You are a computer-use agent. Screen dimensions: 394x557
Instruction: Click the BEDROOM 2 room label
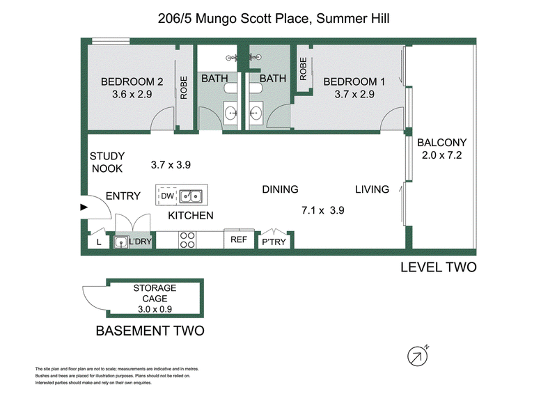tap(127, 80)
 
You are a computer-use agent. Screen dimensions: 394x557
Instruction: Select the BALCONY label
tap(437, 143)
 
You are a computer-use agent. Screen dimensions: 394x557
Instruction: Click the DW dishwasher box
tap(167, 196)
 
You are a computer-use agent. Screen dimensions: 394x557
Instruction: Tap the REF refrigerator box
tap(238, 239)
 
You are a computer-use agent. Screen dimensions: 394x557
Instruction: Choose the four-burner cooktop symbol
tap(187, 240)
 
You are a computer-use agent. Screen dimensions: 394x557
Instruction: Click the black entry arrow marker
tap(84, 207)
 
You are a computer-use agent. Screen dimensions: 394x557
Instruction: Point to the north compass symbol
tap(417, 356)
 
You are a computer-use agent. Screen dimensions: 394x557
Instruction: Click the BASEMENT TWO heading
tap(150, 331)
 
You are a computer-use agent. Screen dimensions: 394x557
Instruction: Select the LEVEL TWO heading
tap(439, 267)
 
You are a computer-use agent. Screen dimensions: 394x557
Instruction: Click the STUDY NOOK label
tap(106, 163)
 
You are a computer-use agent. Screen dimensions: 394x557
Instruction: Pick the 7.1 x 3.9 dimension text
tap(323, 209)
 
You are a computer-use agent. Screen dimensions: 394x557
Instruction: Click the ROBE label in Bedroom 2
tap(184, 88)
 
